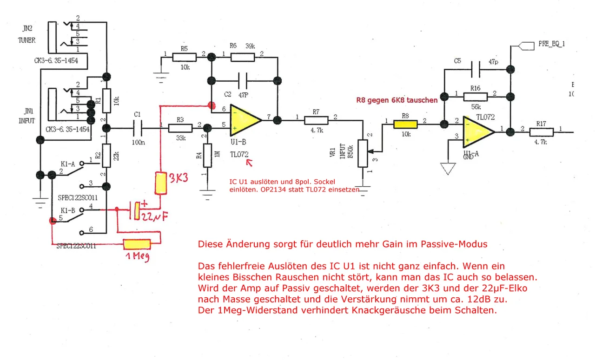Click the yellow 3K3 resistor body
click(161, 183)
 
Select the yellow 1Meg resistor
click(137, 244)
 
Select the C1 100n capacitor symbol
click(138, 126)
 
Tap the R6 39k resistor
click(242, 57)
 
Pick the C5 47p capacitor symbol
click(475, 70)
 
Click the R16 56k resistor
click(475, 97)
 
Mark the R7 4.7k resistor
click(317, 120)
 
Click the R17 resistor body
click(542, 132)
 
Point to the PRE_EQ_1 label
click(552, 44)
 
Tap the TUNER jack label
click(26, 40)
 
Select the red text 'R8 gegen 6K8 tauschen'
click(397, 100)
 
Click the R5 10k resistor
click(185, 57)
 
